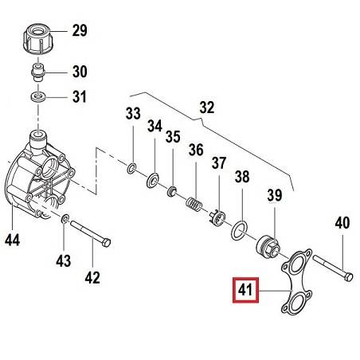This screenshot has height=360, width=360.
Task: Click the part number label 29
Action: (x=80, y=30)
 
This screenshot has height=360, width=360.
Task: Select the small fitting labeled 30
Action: (x=38, y=72)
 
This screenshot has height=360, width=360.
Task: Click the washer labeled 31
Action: (x=38, y=96)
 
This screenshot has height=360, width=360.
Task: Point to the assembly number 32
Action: (x=207, y=108)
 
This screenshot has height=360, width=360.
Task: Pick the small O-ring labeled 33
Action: (x=131, y=169)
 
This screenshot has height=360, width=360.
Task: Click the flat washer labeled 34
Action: (x=153, y=180)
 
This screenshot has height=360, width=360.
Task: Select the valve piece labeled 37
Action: (x=218, y=217)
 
